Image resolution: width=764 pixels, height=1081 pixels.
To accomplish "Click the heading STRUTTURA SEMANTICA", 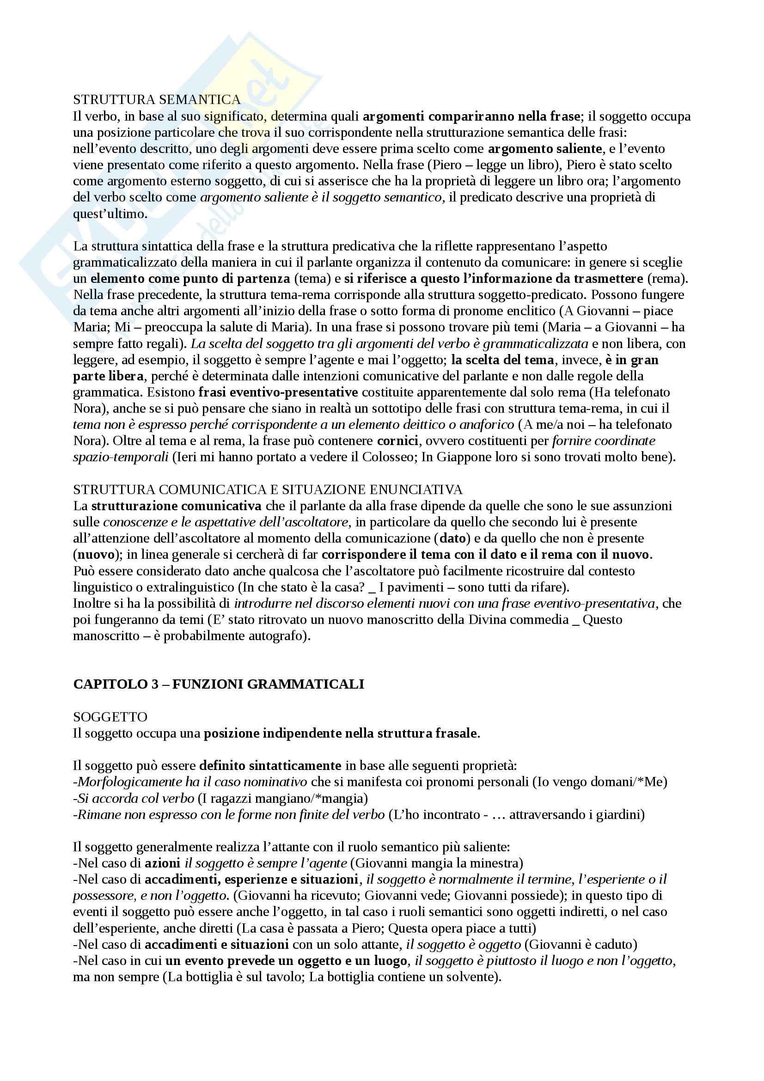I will point(157,100).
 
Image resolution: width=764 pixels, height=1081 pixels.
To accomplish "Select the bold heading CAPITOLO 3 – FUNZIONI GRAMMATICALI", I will point(219,684).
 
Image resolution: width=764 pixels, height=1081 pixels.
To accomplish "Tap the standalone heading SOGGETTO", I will point(110,717).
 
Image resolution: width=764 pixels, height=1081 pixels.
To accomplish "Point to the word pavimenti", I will point(414,587).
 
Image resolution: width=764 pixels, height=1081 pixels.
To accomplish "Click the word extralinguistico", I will point(179,587).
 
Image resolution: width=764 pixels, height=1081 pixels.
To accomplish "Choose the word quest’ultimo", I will point(110,214).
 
